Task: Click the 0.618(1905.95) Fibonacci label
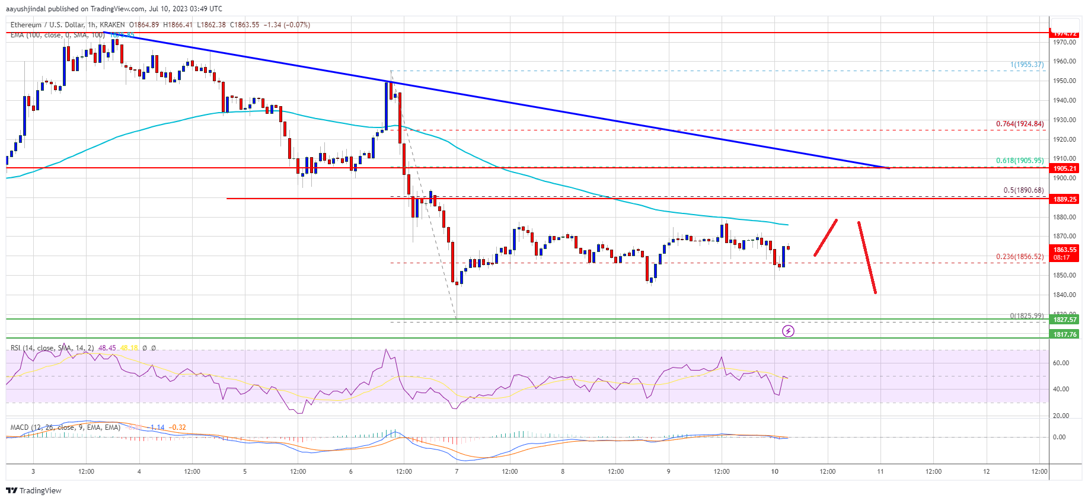point(1019,161)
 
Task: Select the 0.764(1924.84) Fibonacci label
point(1019,124)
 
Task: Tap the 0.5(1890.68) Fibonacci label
point(1023,190)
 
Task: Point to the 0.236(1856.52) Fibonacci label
point(1019,257)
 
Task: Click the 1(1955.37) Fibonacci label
point(1027,65)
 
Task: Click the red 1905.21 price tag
point(1064,168)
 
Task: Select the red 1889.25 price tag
point(1064,199)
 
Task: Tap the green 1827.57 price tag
point(1064,320)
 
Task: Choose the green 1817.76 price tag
point(1064,334)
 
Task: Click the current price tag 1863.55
point(1064,250)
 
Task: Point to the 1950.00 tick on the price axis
point(1064,81)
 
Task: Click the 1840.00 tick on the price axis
point(1064,295)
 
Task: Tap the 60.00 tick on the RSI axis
point(1061,363)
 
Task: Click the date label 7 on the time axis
point(457,472)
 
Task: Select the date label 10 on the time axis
point(774,472)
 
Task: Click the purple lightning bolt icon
point(788,331)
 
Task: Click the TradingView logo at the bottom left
point(34,490)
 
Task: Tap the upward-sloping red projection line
point(825,238)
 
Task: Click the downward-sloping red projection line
point(867,257)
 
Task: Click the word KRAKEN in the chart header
point(112,25)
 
